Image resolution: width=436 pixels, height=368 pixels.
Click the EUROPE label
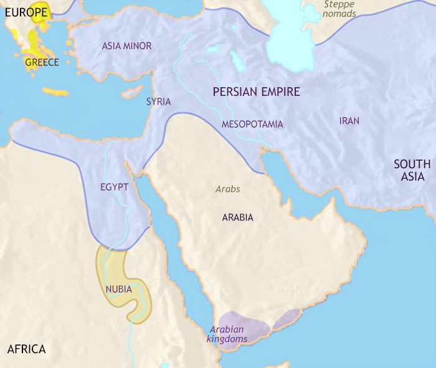pos(23,12)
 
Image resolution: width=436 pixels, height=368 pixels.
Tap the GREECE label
pos(42,62)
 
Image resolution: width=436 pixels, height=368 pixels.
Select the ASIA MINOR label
pos(126,46)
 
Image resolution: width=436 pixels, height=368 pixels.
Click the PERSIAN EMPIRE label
pos(256,92)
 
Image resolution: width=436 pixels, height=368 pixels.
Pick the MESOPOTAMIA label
pos(252,125)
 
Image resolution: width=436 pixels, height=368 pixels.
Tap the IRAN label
pos(349,121)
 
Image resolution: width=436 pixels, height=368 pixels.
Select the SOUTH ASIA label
pos(412,170)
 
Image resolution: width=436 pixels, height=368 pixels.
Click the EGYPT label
pos(114,187)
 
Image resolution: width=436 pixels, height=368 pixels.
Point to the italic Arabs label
pos(227,189)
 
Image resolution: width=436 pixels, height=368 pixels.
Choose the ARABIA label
pos(237,218)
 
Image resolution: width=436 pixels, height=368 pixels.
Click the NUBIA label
pos(118,289)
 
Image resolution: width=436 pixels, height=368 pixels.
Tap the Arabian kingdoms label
pos(228,334)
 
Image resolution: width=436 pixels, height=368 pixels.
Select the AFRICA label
pos(26,349)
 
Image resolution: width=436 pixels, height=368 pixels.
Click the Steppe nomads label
pos(340,9)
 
